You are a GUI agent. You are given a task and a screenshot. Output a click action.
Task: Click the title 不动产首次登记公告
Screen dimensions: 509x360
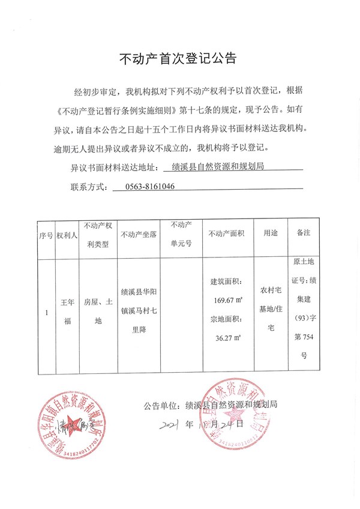click(179, 58)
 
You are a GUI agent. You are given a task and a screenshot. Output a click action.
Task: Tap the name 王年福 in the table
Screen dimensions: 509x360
click(67, 312)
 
